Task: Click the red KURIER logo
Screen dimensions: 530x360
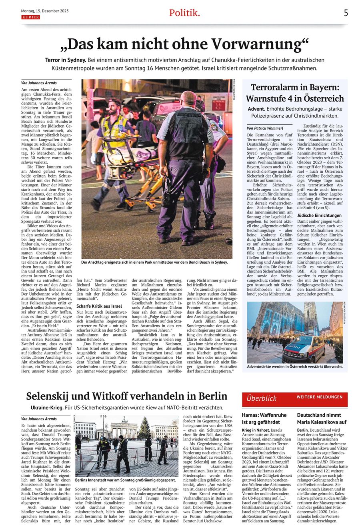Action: [x=30, y=18]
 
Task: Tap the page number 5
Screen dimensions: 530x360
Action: [x=346, y=13]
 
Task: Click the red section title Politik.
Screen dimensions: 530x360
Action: [x=184, y=13]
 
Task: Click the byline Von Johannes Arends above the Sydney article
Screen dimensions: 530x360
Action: [x=39, y=83]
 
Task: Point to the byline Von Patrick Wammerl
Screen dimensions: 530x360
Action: [x=265, y=128]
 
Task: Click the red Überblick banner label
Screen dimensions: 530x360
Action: [x=262, y=398]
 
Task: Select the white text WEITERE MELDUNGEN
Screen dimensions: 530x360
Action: [x=320, y=397]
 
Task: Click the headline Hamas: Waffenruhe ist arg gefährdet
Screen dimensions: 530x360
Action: [x=264, y=418]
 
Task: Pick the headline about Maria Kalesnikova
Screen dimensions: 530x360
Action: [x=322, y=418]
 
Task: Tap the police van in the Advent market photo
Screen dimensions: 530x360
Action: [x=304, y=349]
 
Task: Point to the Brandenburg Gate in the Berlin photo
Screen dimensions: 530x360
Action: [x=124, y=430]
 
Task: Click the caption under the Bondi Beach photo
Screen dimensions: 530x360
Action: [x=154, y=262]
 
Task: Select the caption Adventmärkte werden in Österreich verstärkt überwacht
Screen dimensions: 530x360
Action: [x=295, y=366]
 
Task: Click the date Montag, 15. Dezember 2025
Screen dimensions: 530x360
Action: [x=45, y=11]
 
